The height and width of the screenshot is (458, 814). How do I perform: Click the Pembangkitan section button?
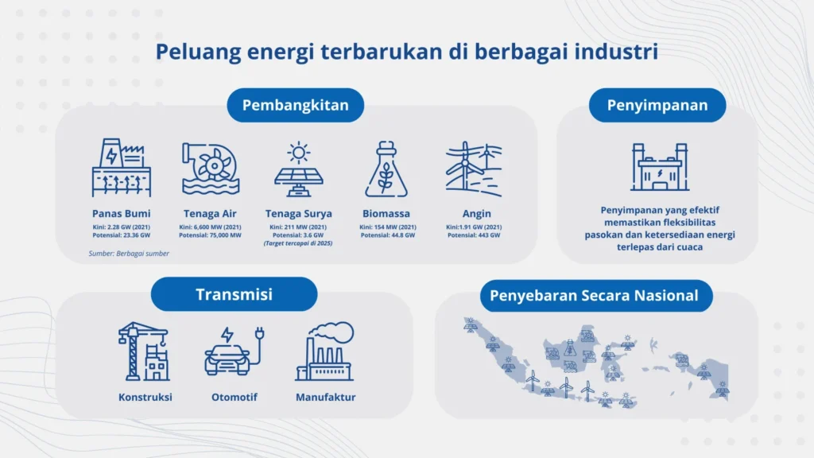click(x=295, y=105)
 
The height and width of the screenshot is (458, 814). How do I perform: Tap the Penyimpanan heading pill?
click(x=657, y=105)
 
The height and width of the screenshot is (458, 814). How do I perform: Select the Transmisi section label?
click(x=234, y=294)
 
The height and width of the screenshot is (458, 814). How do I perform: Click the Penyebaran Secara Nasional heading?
click(x=594, y=296)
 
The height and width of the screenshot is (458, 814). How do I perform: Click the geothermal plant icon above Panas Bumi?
click(x=121, y=169)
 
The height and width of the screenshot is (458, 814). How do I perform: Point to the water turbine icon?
click(x=211, y=169)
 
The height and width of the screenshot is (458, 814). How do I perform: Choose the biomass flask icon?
click(x=386, y=169)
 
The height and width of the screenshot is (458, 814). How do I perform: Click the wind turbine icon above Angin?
click(x=475, y=169)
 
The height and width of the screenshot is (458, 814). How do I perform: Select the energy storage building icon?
click(x=658, y=167)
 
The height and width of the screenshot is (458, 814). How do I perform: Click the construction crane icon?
click(x=144, y=351)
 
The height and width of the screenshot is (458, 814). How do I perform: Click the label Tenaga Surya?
click(x=298, y=214)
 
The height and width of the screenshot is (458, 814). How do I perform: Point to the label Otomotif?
click(x=234, y=397)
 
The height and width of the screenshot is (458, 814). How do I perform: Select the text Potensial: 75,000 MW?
click(x=211, y=235)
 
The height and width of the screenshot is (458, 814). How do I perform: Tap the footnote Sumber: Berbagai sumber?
click(x=129, y=254)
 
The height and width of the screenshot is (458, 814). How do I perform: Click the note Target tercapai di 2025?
click(x=299, y=244)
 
